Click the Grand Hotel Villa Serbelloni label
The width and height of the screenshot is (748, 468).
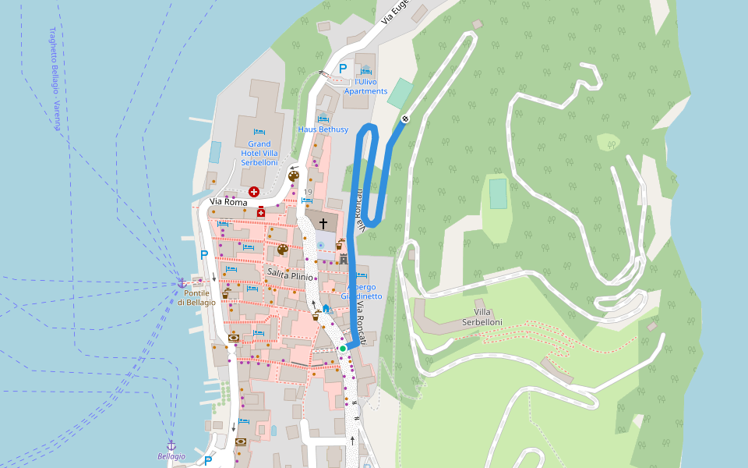[x=259, y=153]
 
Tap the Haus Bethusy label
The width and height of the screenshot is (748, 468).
[x=323, y=129]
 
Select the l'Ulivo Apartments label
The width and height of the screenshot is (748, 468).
[x=365, y=87]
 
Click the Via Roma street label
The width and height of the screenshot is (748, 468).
[x=228, y=203]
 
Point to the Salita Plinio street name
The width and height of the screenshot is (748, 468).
[x=290, y=276]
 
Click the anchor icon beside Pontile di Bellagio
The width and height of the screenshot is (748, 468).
[x=182, y=283]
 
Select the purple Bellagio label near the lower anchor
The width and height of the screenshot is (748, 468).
[x=171, y=456]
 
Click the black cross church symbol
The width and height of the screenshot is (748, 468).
[x=323, y=223]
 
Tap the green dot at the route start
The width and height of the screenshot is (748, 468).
[x=343, y=349]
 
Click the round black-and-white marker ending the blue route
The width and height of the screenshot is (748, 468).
[x=405, y=119]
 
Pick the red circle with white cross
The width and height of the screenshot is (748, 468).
[x=253, y=191]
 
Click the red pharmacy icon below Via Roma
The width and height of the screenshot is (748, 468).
[x=261, y=212]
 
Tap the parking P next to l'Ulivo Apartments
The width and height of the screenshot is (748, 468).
[x=342, y=69]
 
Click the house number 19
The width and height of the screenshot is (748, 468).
[x=308, y=192]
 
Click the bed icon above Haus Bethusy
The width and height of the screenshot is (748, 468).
[x=323, y=119]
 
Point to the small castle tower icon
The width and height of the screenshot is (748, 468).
[x=343, y=259]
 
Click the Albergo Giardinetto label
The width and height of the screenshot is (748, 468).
[x=362, y=291]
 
